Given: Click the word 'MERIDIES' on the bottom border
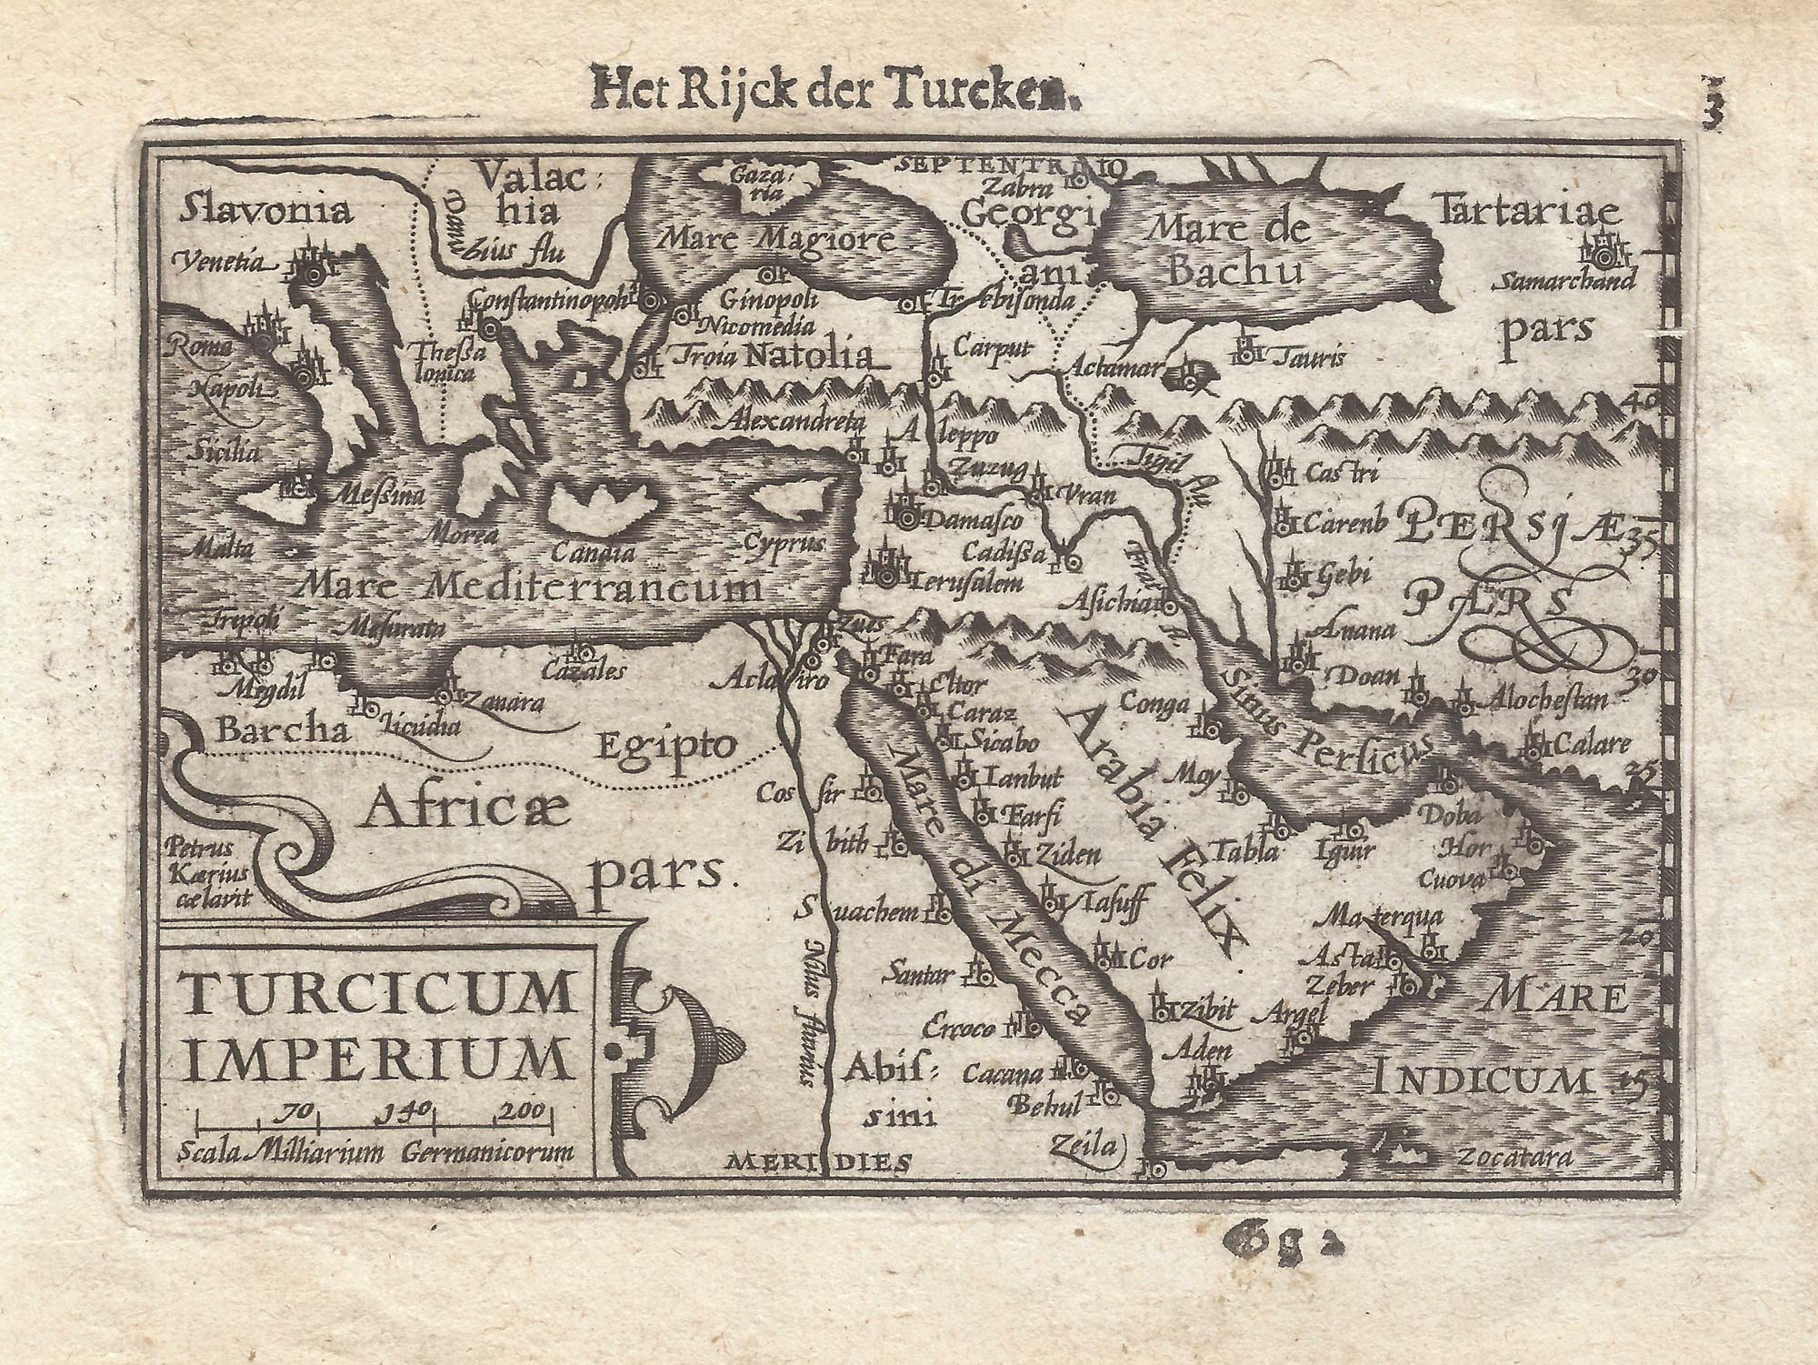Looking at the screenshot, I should point(819,1159).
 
